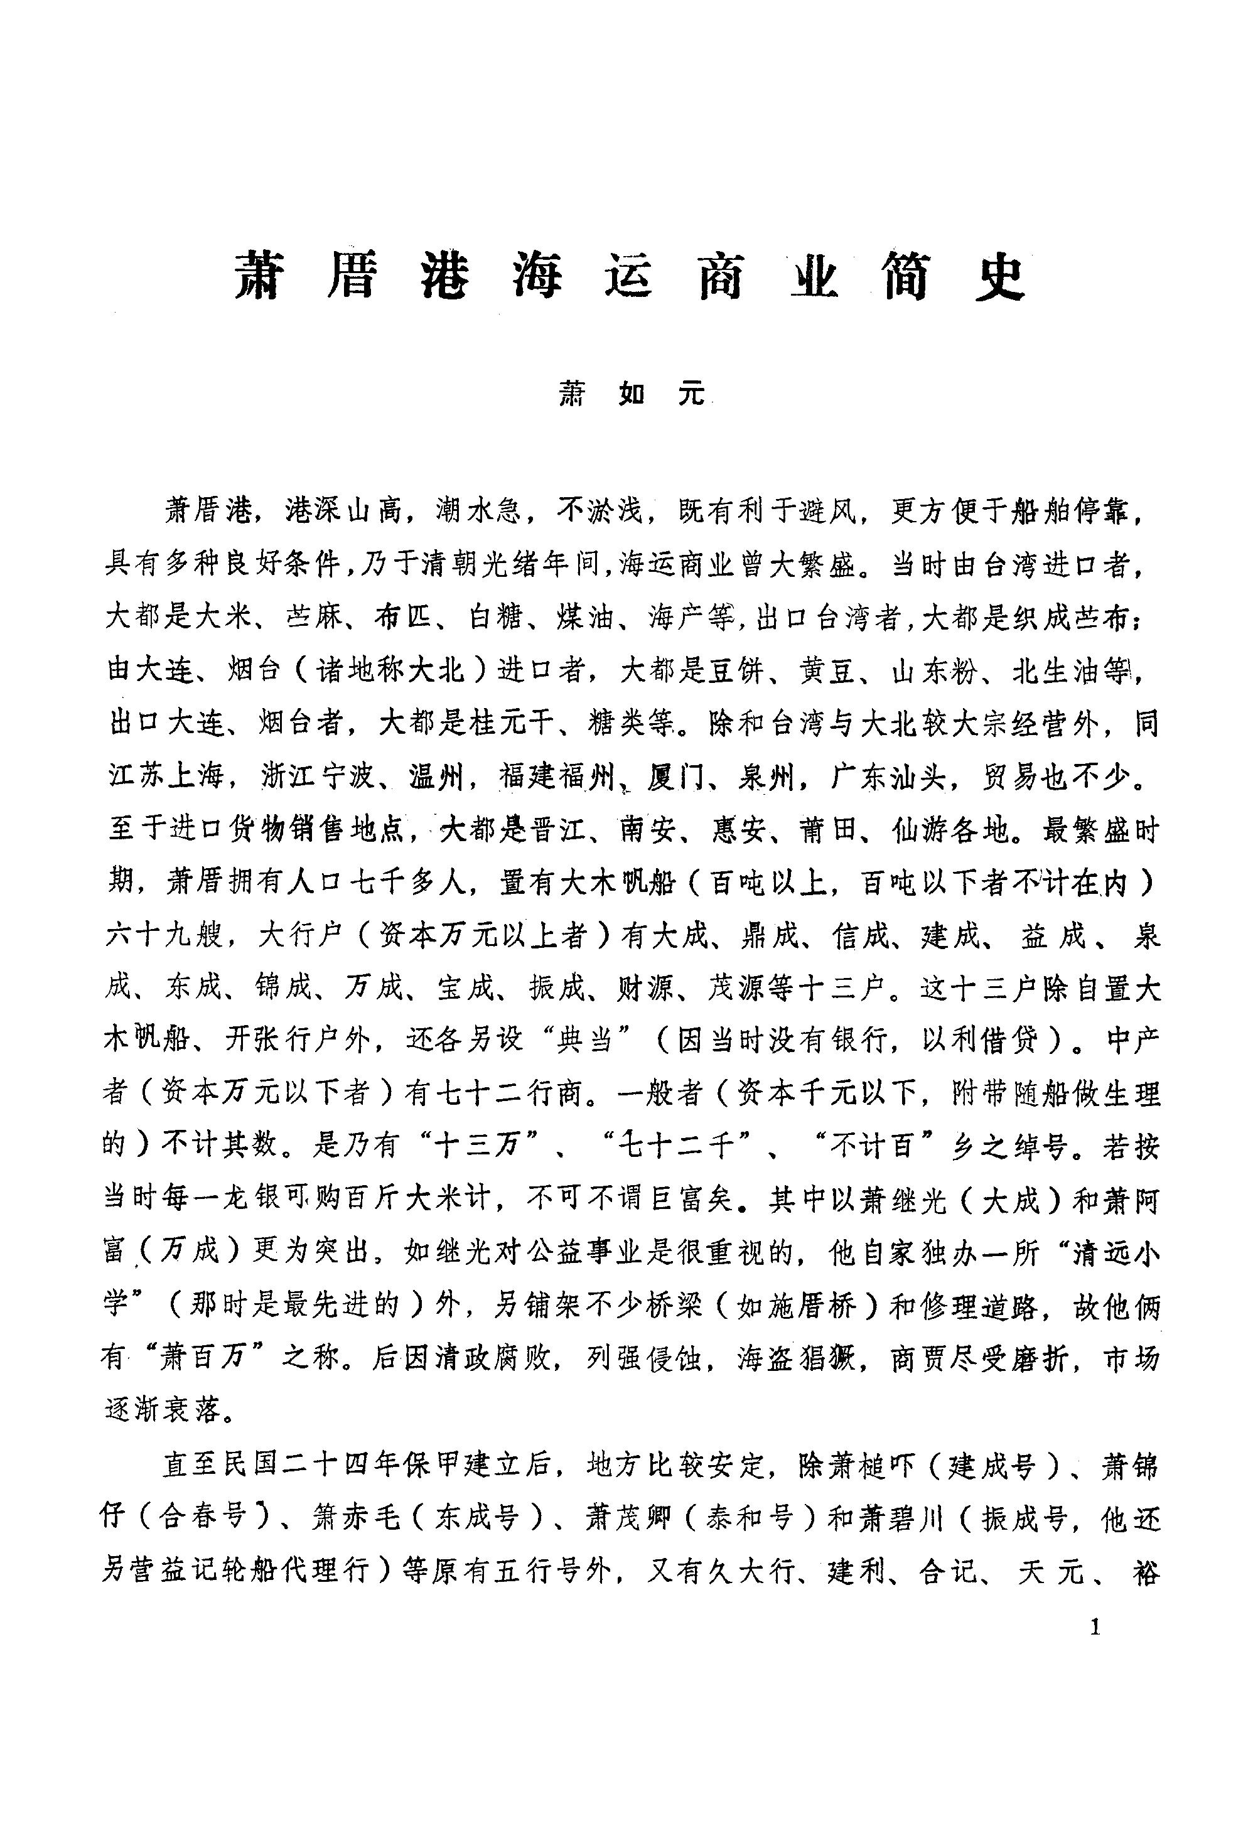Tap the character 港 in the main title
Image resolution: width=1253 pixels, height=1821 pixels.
(x=445, y=277)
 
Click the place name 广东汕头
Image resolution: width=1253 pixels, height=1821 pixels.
(x=893, y=778)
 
